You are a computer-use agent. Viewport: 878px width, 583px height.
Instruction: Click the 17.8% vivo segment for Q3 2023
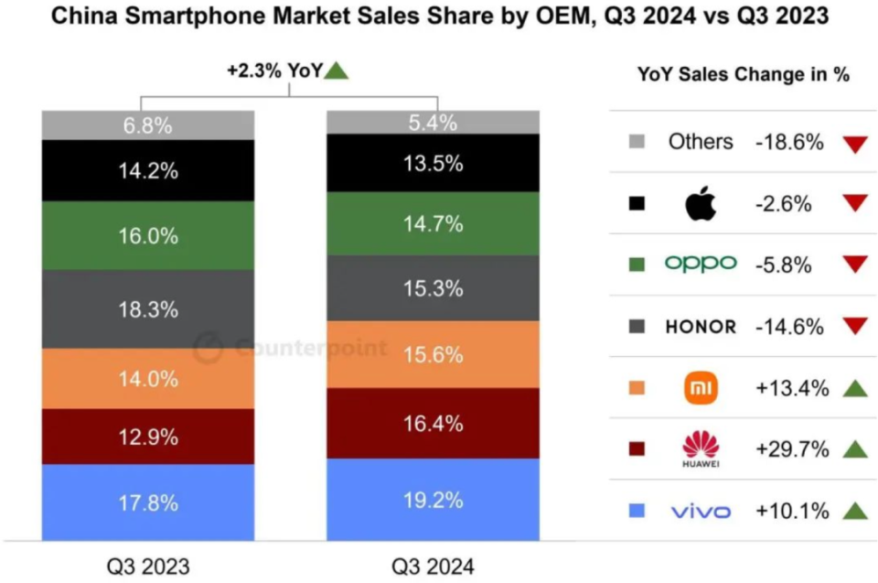pyautogui.click(x=147, y=502)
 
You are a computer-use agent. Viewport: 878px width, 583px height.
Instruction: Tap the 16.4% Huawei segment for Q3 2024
pyautogui.click(x=434, y=423)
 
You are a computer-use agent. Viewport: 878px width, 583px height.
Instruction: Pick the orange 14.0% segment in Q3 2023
pyautogui.click(x=147, y=378)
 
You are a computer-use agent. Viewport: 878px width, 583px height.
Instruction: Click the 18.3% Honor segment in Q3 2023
pyautogui.click(x=147, y=309)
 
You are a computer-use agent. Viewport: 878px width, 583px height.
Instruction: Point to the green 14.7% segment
pyautogui.click(x=434, y=223)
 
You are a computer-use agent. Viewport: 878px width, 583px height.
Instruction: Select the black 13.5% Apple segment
pyautogui.click(x=434, y=164)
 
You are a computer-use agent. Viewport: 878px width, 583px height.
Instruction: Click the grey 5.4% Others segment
pyautogui.click(x=434, y=123)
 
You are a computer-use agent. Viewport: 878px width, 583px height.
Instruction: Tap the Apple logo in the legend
pyautogui.click(x=701, y=204)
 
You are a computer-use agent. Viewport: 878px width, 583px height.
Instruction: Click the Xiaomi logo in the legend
pyautogui.click(x=701, y=388)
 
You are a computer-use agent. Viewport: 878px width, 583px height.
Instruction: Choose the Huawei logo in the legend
pyautogui.click(x=701, y=448)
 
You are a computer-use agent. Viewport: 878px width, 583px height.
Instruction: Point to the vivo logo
pyautogui.click(x=701, y=511)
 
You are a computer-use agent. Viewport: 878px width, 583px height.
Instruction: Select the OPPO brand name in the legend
pyautogui.click(x=701, y=264)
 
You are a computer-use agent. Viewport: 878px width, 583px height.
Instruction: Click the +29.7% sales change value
pyautogui.click(x=792, y=449)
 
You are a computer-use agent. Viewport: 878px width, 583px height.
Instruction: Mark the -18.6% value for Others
pyautogui.click(x=791, y=142)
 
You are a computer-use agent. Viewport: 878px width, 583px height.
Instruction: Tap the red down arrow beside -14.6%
pyautogui.click(x=854, y=327)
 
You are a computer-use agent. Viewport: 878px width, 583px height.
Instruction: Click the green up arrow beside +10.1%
pyautogui.click(x=854, y=511)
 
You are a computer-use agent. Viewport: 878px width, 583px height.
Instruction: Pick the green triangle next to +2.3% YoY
pyautogui.click(x=337, y=70)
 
